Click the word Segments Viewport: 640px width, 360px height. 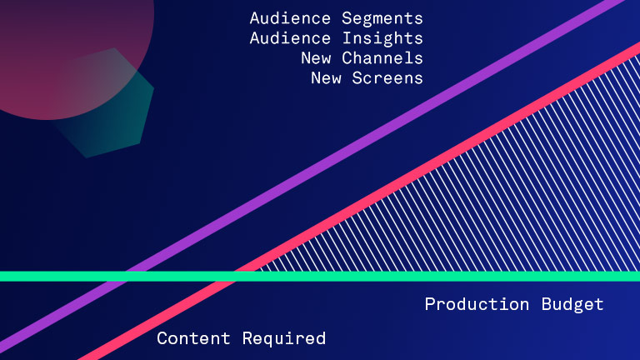pos(382,19)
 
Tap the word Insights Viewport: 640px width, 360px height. pos(382,39)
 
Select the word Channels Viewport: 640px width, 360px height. pos(382,58)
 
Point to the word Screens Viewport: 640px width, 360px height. pos(387,78)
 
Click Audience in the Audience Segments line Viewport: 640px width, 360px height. pos(290,18)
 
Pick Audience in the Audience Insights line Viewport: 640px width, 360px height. pos(290,38)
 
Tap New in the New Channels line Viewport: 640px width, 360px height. pos(316,58)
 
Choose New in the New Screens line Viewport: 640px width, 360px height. pos(326,78)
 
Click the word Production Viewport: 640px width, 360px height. pos(477,304)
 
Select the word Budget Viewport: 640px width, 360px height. pos(572,305)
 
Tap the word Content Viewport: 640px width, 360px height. pos(193,338)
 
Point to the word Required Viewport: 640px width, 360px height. pos(284,339)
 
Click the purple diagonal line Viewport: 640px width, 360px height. pos(310,176)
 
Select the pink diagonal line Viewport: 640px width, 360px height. pos(359,201)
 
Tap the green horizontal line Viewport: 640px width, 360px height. pos(320,277)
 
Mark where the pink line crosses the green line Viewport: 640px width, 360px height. pos(235,277)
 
